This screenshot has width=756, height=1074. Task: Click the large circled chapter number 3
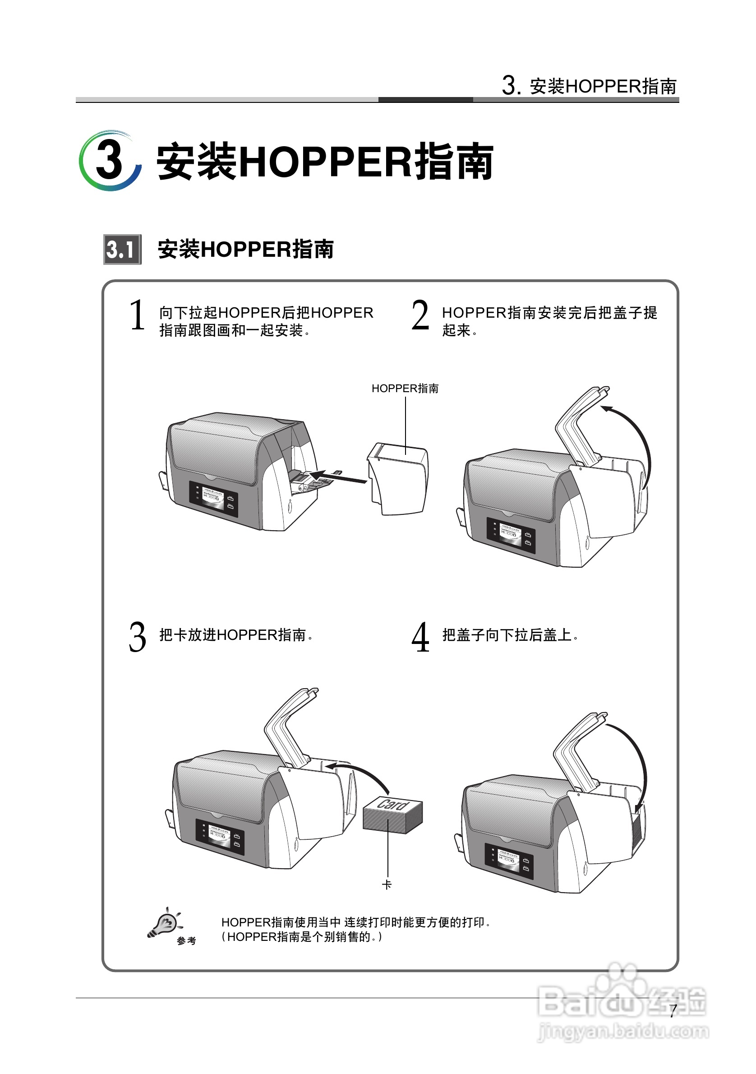[x=111, y=160]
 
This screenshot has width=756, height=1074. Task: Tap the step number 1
[x=137, y=315]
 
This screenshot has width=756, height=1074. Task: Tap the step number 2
[x=420, y=315]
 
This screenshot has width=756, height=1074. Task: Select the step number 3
[x=137, y=637]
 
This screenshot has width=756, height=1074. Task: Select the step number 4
[x=420, y=637]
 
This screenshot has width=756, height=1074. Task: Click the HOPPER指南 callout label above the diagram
[x=405, y=388]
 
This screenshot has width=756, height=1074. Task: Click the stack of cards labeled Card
[x=393, y=816]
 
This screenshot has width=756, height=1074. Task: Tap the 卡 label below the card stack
[x=387, y=884]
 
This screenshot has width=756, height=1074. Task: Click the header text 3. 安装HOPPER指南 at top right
[x=589, y=86]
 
